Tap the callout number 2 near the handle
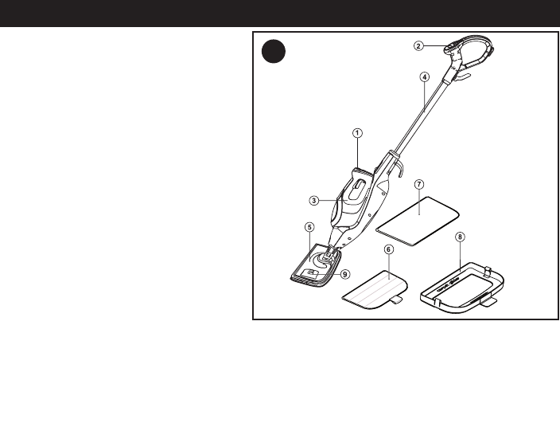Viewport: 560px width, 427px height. tap(418, 45)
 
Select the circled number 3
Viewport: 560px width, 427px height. tap(314, 201)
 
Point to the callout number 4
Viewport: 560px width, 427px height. tap(425, 76)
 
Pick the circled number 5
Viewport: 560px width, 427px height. tap(309, 227)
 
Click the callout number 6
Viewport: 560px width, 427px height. tap(388, 249)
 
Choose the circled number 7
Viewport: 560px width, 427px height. tap(419, 183)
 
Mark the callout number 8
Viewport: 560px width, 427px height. tap(461, 237)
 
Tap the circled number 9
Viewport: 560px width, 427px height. tap(344, 273)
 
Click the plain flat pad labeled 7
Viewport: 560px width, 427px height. tap(418, 218)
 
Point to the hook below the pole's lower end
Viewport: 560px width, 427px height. tap(401, 170)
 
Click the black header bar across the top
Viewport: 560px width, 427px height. tap(280, 14)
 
